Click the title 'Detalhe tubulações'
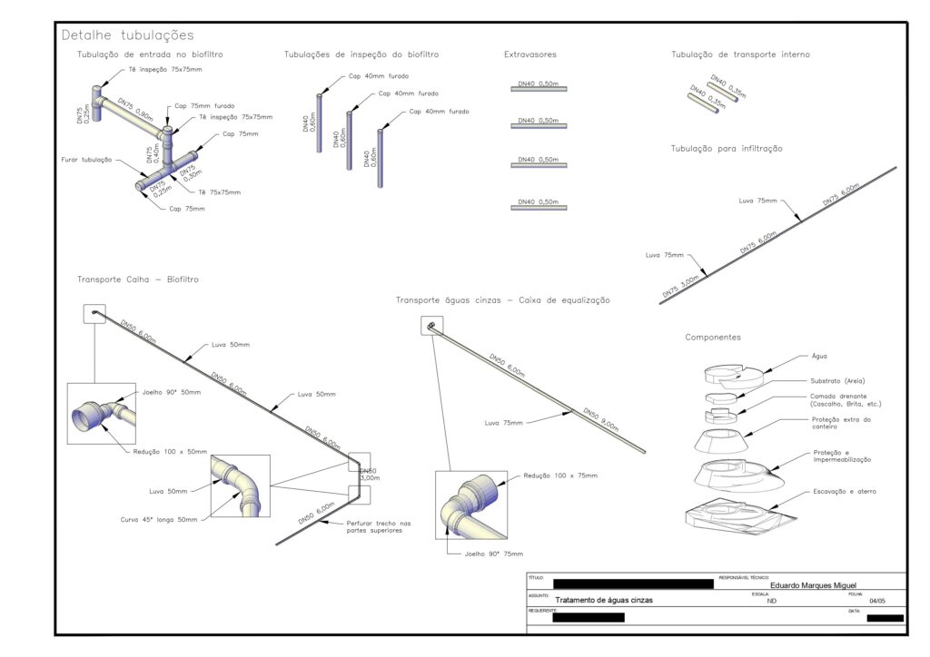coord(127,35)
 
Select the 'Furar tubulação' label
coord(86,160)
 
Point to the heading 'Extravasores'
coord(530,55)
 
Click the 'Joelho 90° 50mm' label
coord(172,392)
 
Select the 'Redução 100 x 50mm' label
coord(170,451)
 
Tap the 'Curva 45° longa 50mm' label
coord(161,520)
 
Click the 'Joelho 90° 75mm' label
coord(493,554)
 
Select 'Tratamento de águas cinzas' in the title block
coord(604,601)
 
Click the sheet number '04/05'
coord(876,601)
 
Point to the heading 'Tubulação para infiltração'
coord(727,148)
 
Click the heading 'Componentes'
coord(713,338)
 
